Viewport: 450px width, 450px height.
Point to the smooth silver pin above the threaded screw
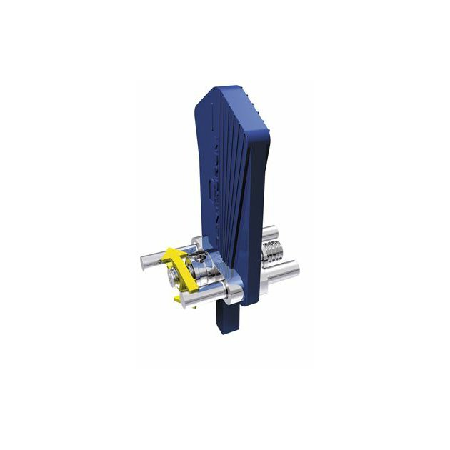pos(271,234)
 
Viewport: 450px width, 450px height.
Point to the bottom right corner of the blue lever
pos(246,304)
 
